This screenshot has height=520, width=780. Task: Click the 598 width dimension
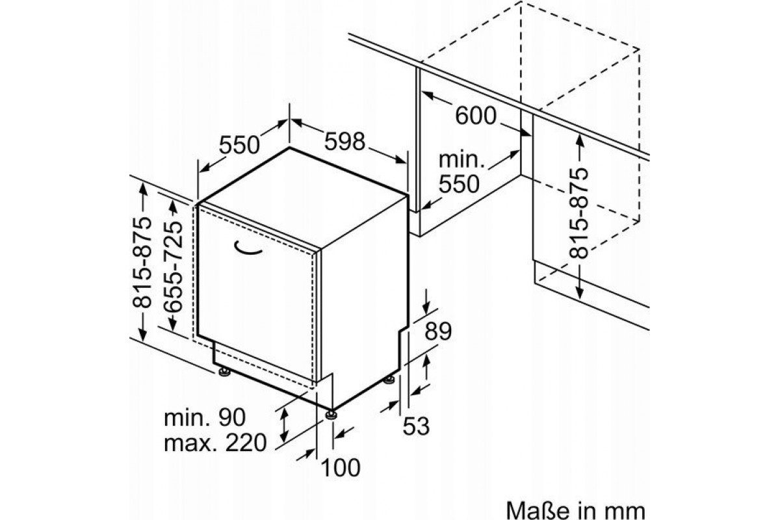point(344,141)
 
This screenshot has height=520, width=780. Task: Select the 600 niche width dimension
point(476,116)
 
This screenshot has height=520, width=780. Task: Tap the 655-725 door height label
point(174,266)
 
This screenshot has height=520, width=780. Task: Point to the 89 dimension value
point(438,331)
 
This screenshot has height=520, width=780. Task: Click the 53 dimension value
point(416,426)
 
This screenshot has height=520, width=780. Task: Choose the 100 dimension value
point(340,467)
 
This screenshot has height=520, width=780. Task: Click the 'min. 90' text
point(205,417)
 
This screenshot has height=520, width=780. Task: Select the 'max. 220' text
point(215,443)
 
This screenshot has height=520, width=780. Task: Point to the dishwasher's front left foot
point(224,372)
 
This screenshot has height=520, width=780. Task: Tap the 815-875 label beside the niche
point(578,213)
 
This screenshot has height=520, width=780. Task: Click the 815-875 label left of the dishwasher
point(142,262)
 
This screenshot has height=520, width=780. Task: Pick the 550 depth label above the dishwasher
point(239,144)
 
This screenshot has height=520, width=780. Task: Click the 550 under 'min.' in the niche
point(459,184)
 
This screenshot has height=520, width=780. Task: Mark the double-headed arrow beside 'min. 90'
point(285,425)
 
